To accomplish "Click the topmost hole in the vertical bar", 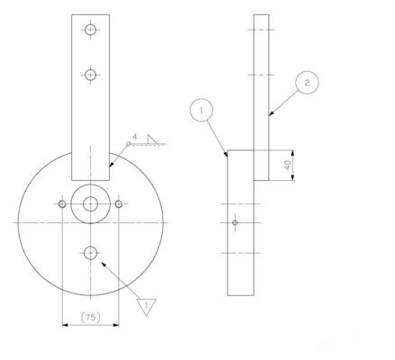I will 90,30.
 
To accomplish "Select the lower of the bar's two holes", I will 90,75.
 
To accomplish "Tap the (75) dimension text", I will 90,317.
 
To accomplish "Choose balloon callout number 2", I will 306,83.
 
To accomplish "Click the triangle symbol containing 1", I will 144,305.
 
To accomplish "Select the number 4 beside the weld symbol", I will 134,138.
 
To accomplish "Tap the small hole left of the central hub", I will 61,204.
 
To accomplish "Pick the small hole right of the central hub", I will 119,204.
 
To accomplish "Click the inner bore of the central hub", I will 90,204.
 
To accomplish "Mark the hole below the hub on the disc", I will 90,254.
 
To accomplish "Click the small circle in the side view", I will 235,222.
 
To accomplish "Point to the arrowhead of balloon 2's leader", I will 270,116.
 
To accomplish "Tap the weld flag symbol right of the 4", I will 152,138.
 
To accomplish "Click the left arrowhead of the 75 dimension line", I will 64,326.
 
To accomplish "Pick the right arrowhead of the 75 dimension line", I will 116,326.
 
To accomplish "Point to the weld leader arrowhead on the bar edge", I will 110,166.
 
